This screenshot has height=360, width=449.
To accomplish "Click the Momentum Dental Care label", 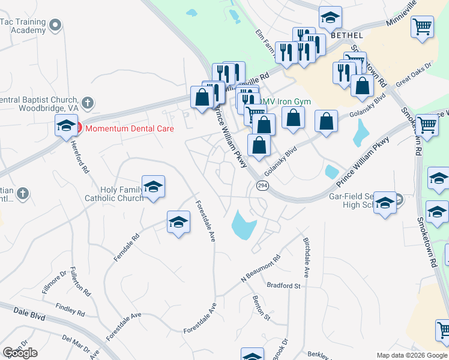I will pyautogui.click(x=129, y=128).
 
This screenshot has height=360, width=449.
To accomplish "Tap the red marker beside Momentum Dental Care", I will pyautogui.click(x=77, y=128).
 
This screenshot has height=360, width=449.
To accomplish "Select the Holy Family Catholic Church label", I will pyautogui.click(x=113, y=194).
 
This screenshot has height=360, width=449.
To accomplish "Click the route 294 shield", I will pyautogui.click(x=262, y=185).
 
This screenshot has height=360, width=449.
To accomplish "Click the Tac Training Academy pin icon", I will pyautogui.click(x=56, y=25).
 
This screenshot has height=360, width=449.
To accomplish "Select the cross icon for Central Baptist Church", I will pyautogui.click(x=88, y=103).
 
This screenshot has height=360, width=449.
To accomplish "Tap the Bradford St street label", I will pyautogui.click(x=283, y=286).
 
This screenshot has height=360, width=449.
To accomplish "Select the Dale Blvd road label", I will pyautogui.click(x=14, y=312).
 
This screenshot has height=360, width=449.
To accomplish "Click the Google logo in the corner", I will pyautogui.click(x=20, y=353).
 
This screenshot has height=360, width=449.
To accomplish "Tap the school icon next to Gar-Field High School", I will pyautogui.click(x=385, y=202).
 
